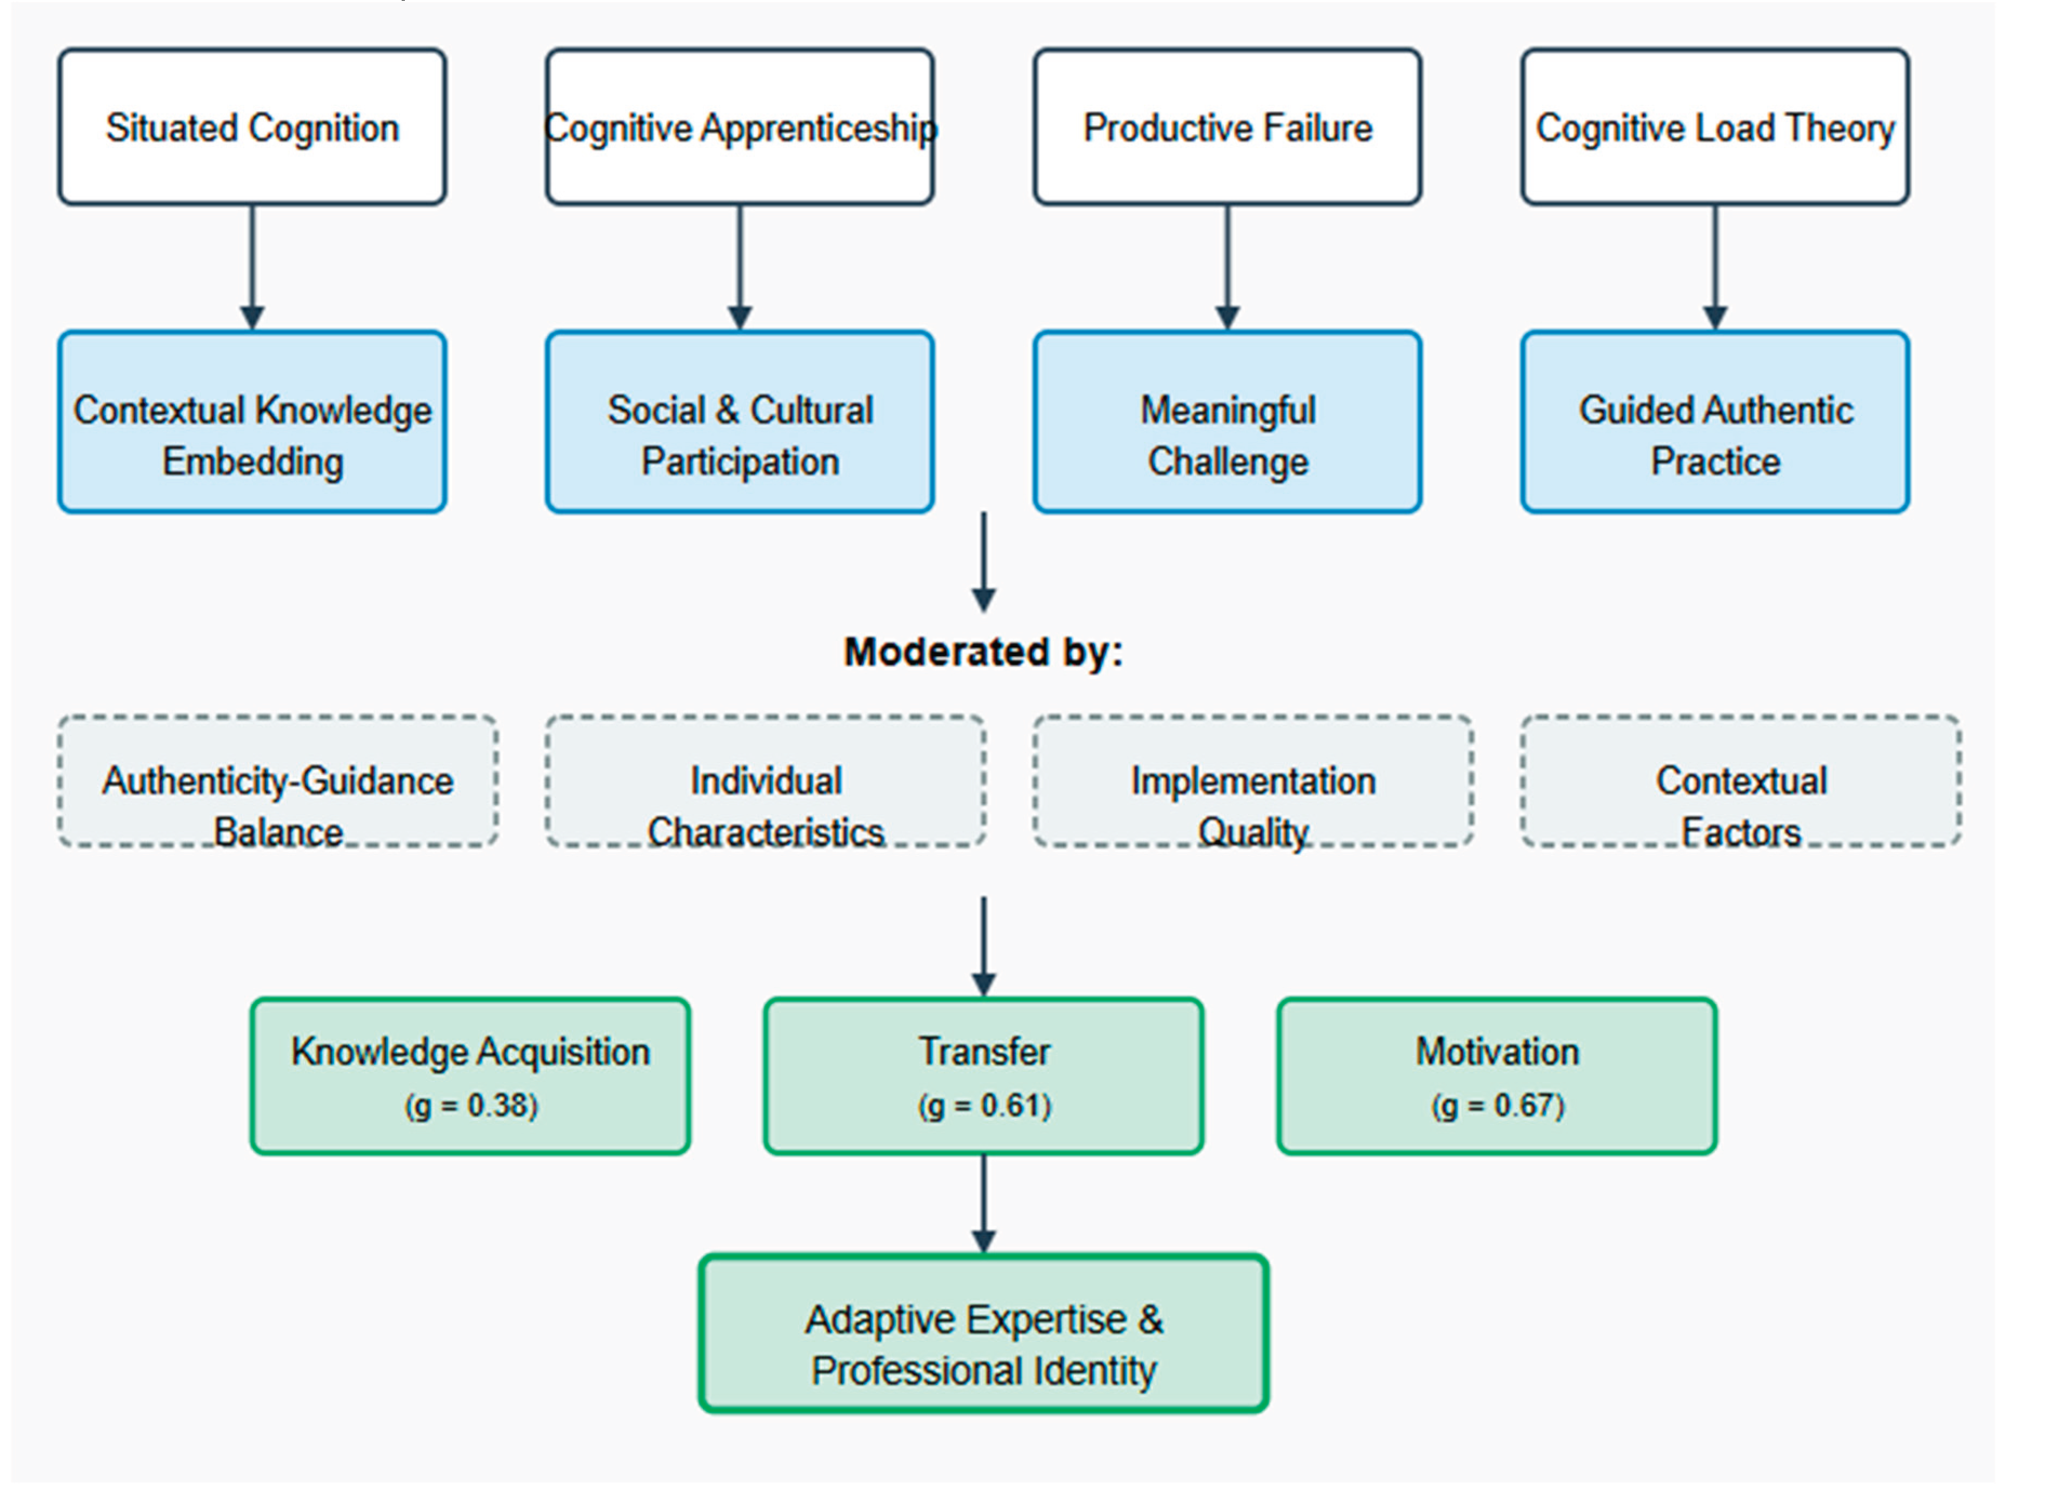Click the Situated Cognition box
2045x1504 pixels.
tap(252, 128)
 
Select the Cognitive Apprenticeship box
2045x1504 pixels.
tap(740, 128)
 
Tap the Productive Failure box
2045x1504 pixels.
tap(1227, 128)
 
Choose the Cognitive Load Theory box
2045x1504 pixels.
tap(1715, 128)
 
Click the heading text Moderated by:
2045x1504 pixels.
tap(983, 652)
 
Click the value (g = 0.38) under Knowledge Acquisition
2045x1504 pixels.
tap(471, 1105)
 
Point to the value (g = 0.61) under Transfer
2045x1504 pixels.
tap(983, 1105)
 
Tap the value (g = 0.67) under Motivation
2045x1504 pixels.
tap(1497, 1105)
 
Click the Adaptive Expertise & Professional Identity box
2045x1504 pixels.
tap(983, 1334)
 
